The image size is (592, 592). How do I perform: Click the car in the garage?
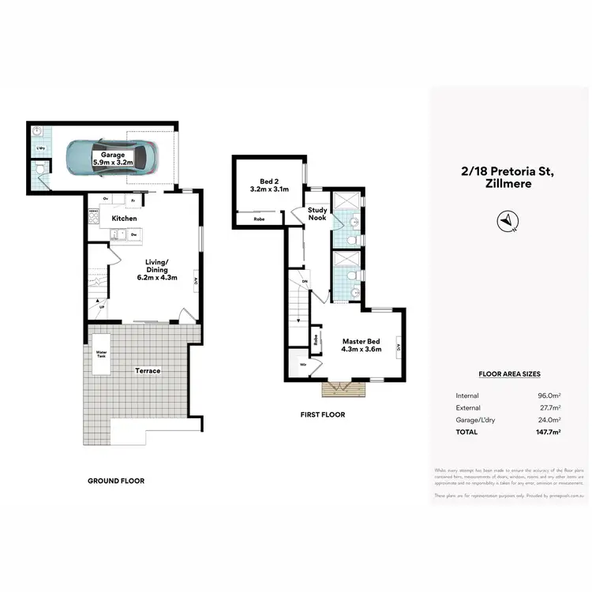pos(110,157)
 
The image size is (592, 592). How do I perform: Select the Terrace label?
pos(147,370)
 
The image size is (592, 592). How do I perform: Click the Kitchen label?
pos(124,218)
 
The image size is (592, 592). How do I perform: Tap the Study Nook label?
pos(317,215)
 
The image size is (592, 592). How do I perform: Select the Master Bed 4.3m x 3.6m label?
pos(362,345)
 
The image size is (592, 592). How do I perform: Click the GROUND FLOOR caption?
pos(115,481)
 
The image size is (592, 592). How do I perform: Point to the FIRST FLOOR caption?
pos(322,414)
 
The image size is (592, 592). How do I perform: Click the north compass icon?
pos(506,222)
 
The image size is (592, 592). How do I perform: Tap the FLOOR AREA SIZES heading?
pos(509,374)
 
